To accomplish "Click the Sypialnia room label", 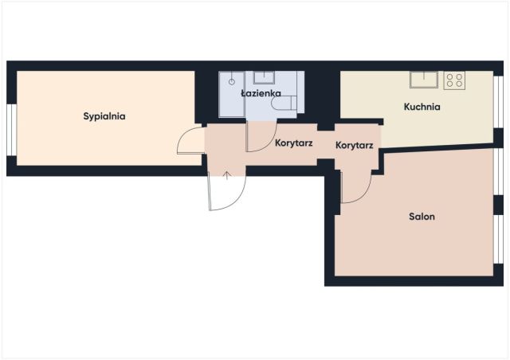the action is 104,116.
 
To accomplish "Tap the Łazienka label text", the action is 261,93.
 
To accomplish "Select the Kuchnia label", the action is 422,107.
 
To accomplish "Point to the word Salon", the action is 422,217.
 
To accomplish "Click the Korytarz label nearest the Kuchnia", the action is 354,145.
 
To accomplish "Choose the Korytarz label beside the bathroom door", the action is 294,143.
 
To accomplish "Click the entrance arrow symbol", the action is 227,175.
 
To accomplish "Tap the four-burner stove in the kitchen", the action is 454,80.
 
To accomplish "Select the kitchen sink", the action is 424,80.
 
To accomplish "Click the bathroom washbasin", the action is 264,77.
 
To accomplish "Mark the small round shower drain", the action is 232,81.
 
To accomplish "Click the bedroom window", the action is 12,130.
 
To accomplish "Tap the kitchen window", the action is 498,102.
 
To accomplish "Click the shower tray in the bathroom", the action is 232,94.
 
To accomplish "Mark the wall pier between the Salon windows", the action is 498,205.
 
